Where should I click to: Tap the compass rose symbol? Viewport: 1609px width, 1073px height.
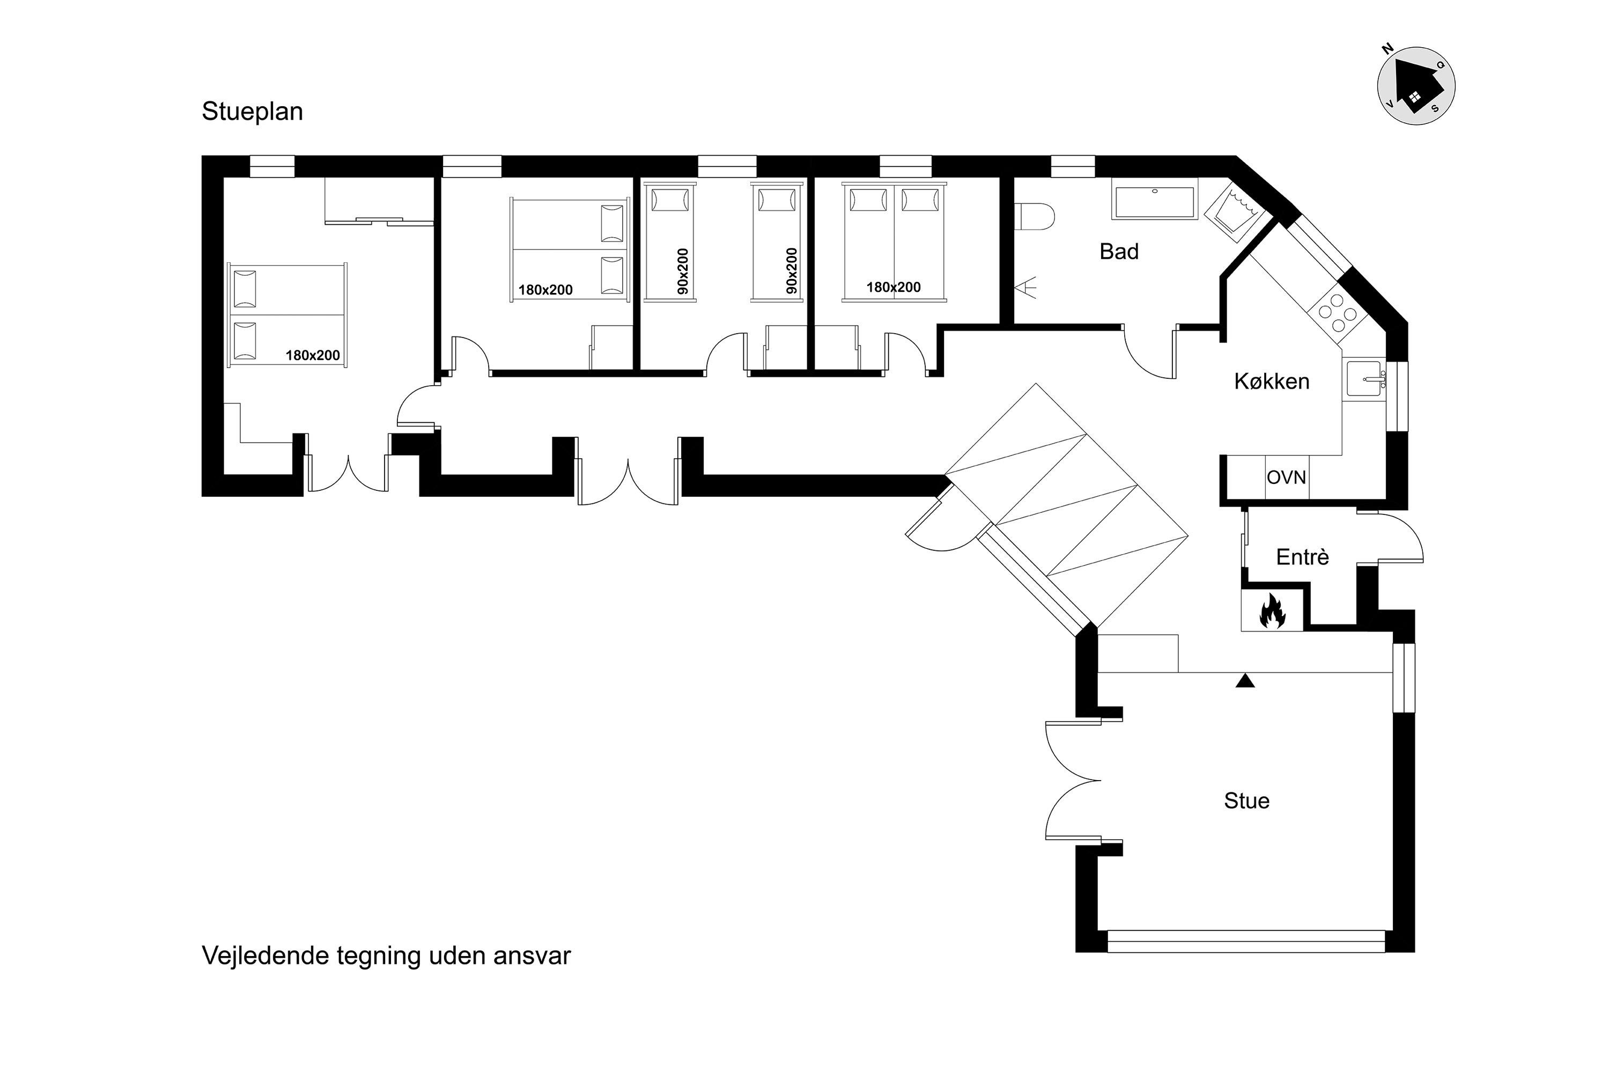1415,85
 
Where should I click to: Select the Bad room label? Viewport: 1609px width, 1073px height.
1119,252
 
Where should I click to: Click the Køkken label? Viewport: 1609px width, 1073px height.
1272,381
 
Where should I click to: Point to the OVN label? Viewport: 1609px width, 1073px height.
1286,477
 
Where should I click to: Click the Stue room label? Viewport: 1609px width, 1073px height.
1246,800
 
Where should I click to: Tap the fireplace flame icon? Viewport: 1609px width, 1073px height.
1272,611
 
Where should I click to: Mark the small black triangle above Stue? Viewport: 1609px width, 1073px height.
1245,681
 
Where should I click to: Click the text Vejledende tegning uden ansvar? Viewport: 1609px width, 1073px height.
386,956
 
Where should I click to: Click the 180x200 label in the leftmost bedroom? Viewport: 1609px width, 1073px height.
313,355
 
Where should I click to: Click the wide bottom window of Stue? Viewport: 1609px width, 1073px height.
1246,941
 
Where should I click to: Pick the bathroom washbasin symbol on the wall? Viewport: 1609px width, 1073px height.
1025,288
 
